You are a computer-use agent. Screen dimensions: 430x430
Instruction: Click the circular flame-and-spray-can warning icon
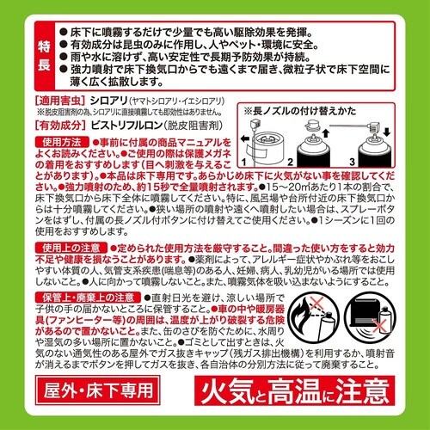pyautogui.click(x=314, y=324)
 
